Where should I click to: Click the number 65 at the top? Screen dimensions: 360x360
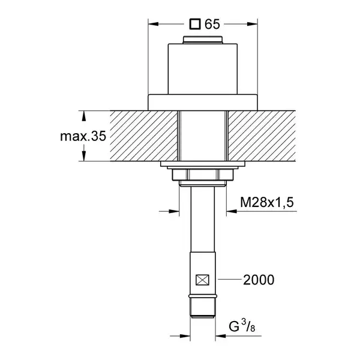[212, 24]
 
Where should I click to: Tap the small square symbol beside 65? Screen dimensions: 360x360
[195, 24]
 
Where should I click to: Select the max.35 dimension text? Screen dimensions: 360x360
[83, 136]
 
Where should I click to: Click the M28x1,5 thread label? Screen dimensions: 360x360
[267, 202]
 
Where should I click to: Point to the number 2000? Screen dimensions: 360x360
[259, 280]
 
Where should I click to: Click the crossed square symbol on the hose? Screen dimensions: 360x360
[202, 280]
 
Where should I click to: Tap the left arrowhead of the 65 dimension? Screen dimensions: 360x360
[154, 24]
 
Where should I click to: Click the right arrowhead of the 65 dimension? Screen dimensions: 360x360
[253, 24]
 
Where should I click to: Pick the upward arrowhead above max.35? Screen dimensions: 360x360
[84, 116]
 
